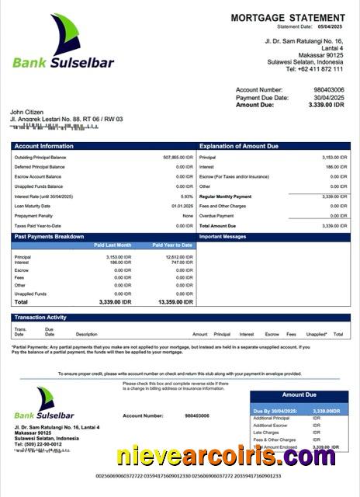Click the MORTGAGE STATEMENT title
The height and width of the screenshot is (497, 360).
[287, 18]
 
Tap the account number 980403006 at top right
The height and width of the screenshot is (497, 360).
[330, 90]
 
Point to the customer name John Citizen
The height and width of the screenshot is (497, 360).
[28, 112]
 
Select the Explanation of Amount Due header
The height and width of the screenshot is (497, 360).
[239, 146]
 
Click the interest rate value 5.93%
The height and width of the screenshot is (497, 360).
[186, 196]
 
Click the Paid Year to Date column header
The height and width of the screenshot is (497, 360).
[172, 245]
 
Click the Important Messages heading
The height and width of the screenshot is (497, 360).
[223, 236]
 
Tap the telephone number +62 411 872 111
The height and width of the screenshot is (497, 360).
[314, 69]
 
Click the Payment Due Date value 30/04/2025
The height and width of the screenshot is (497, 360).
[328, 98]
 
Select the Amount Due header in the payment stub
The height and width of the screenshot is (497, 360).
[298, 395]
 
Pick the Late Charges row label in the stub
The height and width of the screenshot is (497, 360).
[268, 433]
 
